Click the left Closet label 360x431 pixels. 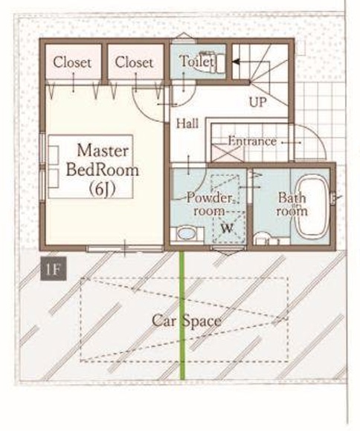pos(72,62)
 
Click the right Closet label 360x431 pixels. pos(134,62)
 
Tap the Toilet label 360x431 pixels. pos(196,61)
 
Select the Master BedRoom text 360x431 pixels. pos(103,161)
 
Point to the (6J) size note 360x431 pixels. pos(102,189)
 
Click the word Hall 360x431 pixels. pos(187,123)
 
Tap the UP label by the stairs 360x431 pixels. pos(258,103)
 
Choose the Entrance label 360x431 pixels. pos(252,141)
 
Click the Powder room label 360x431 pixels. pos(210,204)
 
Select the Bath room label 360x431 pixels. pos(292,204)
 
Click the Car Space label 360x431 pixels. pos(187,321)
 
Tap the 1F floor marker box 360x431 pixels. pos(54,268)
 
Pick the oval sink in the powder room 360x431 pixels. pos(187,234)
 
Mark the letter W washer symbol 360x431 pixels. pos(228,228)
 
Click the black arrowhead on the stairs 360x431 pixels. pos(236,62)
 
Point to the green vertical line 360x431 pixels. pos(182,315)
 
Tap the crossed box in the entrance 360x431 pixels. pos(228,153)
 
